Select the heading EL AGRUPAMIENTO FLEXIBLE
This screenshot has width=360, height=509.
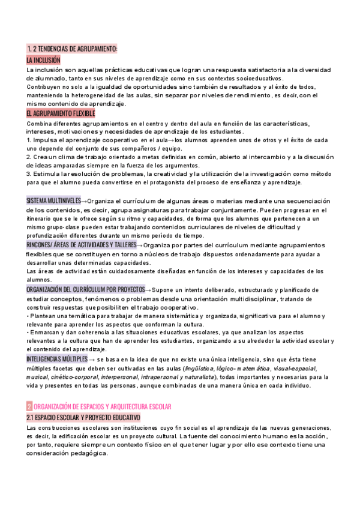click(x=61, y=113)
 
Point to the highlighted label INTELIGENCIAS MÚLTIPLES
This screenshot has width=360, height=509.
click(x=53, y=358)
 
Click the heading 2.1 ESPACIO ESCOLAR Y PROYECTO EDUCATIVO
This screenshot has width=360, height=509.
click(x=83, y=400)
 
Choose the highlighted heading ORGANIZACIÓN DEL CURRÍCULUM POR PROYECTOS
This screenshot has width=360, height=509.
click(x=85, y=289)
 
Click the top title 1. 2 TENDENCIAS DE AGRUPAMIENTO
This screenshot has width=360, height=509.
click(x=72, y=49)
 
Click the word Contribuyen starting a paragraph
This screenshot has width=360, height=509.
click(x=46, y=86)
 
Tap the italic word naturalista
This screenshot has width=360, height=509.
click(x=202, y=377)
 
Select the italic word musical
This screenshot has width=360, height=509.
click(x=38, y=377)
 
